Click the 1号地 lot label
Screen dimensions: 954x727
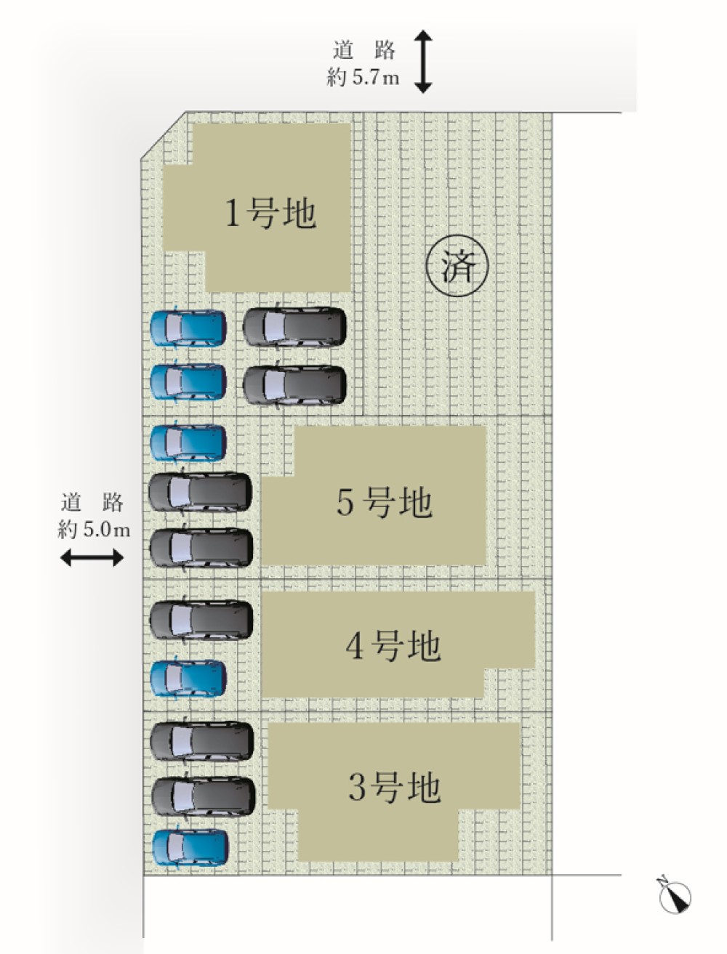pyautogui.click(x=270, y=214)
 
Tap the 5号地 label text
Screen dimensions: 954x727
pyautogui.click(x=384, y=502)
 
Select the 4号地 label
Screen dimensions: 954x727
pyautogui.click(x=393, y=646)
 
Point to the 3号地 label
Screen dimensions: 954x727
pyautogui.click(x=394, y=787)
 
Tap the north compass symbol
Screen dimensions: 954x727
pyautogui.click(x=675, y=896)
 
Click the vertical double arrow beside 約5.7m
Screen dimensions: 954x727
pyautogui.click(x=423, y=61)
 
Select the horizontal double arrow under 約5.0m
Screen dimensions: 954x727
pyautogui.click(x=92, y=558)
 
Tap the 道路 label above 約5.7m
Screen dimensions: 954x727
pyautogui.click(x=363, y=51)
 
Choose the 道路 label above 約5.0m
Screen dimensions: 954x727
pyautogui.click(x=92, y=502)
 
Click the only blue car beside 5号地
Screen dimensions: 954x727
pyautogui.click(x=188, y=442)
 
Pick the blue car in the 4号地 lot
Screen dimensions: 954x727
pyautogui.click(x=188, y=678)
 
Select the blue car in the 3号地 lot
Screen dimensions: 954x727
pyautogui.click(x=190, y=847)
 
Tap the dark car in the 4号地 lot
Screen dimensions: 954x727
pyautogui.click(x=201, y=620)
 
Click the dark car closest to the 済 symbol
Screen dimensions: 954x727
pyautogui.click(x=294, y=326)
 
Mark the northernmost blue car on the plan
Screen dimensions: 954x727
pyautogui.click(x=188, y=327)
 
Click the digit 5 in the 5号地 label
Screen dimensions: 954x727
pyautogui.click(x=346, y=503)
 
